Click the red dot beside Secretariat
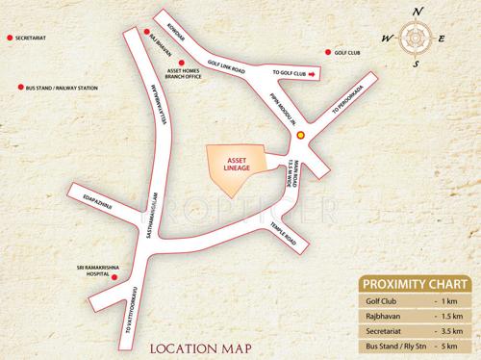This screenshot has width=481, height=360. coord(10,40)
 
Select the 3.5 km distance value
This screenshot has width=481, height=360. coord(450,329)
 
